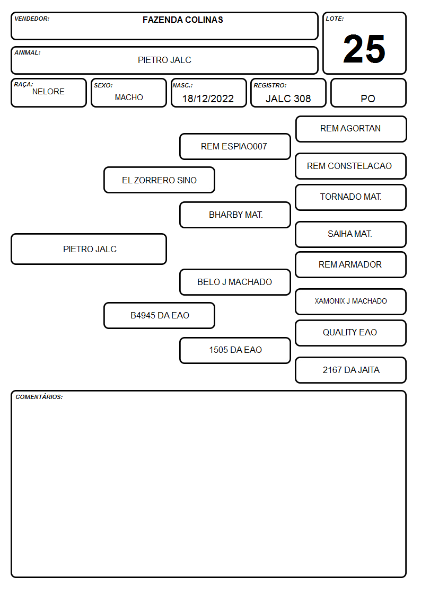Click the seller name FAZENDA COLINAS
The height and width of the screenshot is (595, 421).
(182, 20)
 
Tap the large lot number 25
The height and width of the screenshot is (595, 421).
(364, 49)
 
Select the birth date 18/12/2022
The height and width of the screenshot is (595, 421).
(208, 99)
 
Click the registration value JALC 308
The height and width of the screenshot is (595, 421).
(288, 99)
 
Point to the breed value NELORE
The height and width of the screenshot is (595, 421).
(48, 92)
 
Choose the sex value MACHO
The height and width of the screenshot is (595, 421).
(129, 97)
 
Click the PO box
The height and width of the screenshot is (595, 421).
(368, 93)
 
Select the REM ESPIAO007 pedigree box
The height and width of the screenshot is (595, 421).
(235, 146)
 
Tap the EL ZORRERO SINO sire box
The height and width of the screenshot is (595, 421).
(160, 180)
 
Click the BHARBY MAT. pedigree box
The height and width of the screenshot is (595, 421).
(235, 215)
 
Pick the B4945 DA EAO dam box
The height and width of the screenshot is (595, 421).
(160, 315)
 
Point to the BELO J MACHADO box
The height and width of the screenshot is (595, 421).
(235, 282)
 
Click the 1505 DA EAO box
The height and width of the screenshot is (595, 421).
(235, 350)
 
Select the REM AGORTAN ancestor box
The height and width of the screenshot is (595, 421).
(351, 129)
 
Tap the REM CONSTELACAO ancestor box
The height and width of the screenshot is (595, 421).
(351, 166)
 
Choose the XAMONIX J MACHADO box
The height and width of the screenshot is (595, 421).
(351, 301)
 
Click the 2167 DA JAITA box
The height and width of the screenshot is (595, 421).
(351, 370)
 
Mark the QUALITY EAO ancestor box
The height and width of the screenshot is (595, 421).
(351, 333)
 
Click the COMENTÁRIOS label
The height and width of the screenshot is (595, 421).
(39, 397)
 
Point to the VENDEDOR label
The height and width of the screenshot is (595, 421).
(32, 19)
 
